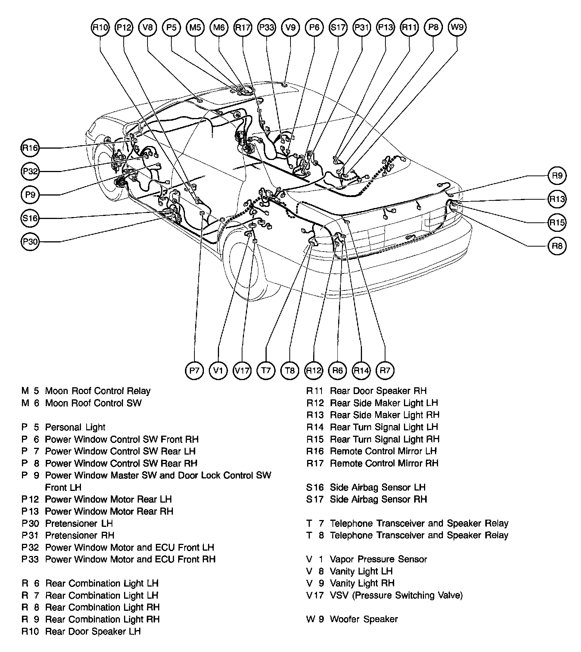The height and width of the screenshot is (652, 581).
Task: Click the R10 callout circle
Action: (x=100, y=28)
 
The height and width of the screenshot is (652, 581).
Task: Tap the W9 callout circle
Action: (x=457, y=28)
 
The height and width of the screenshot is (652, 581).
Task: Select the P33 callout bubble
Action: (x=267, y=28)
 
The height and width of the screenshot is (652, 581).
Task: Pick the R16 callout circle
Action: (x=30, y=148)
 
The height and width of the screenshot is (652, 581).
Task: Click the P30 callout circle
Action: (x=30, y=242)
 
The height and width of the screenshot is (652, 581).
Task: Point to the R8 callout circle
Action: (x=557, y=246)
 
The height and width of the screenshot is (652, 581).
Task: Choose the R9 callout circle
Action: (x=557, y=175)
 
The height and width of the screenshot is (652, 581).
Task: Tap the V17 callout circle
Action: (x=242, y=370)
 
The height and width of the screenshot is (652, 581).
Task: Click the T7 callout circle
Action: (x=266, y=370)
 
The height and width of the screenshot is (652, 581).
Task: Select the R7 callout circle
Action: (x=385, y=370)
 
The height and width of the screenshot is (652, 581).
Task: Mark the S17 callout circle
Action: (x=338, y=28)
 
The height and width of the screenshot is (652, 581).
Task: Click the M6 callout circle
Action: (x=219, y=28)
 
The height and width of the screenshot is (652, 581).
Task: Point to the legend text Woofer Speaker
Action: (x=364, y=619)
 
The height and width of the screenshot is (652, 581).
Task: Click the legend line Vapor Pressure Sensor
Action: (x=378, y=559)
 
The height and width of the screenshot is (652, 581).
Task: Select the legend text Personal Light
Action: (x=75, y=427)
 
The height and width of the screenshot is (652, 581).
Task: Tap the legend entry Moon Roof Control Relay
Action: (x=98, y=391)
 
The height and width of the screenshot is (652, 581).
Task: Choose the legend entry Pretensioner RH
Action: (x=79, y=536)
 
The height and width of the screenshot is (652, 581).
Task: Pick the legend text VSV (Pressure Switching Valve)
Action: (x=396, y=596)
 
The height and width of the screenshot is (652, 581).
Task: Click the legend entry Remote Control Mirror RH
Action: (x=384, y=463)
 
